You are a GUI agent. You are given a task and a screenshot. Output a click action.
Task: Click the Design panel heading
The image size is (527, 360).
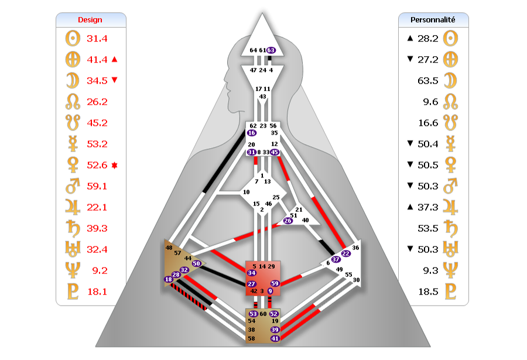[x=90, y=20]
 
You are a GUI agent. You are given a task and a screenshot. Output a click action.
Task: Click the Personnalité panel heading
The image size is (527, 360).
[x=433, y=20]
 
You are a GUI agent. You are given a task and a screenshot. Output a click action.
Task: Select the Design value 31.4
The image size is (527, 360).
[x=97, y=39]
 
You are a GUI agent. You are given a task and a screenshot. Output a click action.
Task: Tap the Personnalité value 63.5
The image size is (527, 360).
[x=428, y=81]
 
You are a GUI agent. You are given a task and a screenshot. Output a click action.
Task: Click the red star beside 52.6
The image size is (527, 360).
[x=114, y=166]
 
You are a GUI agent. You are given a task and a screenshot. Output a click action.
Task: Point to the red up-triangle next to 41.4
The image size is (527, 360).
[x=114, y=60]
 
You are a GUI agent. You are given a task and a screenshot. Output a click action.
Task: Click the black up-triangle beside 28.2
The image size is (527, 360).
[x=410, y=38]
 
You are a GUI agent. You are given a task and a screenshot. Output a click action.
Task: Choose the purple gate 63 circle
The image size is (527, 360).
[x=271, y=50]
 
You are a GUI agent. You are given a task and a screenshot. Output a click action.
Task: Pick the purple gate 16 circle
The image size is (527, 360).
[x=251, y=133]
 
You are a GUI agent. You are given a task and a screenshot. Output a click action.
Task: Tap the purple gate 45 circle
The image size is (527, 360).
[x=274, y=152]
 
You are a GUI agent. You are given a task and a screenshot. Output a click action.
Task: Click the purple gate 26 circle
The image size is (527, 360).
[x=288, y=221]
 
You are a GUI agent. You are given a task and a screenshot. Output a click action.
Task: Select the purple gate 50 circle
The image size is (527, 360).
[x=196, y=263]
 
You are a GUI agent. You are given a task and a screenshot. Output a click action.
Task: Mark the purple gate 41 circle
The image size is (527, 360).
[x=275, y=338]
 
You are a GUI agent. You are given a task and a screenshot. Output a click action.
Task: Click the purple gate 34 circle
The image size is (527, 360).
[x=251, y=273]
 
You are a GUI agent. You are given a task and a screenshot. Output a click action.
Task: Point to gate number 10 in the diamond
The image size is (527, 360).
[x=247, y=192]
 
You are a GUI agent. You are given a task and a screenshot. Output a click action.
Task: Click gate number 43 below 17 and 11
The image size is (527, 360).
[x=262, y=97]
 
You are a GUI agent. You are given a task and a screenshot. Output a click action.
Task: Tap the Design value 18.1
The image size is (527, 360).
[x=97, y=292]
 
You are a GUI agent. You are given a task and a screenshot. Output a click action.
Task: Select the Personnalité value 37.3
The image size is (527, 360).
[x=428, y=207]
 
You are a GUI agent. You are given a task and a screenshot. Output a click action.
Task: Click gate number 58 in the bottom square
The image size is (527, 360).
[x=251, y=338]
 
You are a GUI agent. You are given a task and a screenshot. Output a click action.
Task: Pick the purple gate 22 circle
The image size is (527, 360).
[x=346, y=253]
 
